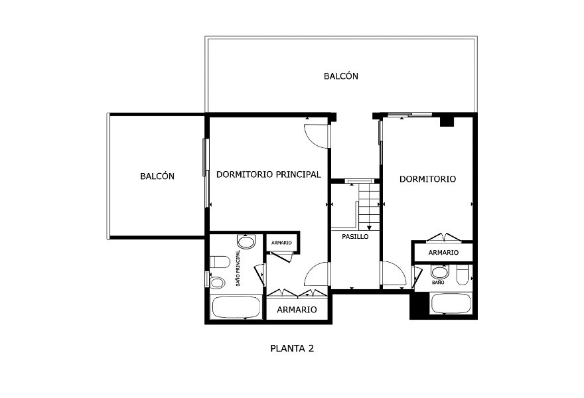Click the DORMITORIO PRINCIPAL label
[269, 174]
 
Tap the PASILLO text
[355, 236]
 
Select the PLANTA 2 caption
[292, 348]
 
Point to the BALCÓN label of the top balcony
[341, 76]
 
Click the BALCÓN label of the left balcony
[157, 176]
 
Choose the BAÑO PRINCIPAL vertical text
[238, 268]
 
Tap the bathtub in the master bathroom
[236, 307]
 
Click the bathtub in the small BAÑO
[451, 303]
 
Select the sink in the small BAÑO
[440, 272]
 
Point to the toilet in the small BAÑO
[462, 275]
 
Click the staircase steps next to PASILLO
[369, 205]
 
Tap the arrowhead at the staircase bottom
[369, 228]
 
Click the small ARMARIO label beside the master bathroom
[281, 243]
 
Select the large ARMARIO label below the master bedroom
[297, 310]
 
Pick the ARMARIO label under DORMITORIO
[443, 253]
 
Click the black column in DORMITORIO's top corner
[447, 122]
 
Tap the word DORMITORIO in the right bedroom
[427, 179]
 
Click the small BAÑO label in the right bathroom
[438, 283]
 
